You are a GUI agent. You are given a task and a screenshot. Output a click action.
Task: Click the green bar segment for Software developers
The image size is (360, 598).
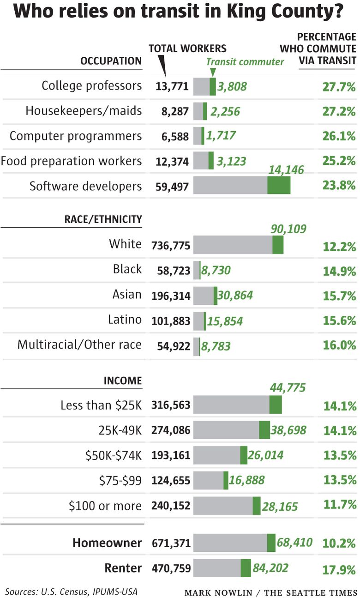pos(279,185)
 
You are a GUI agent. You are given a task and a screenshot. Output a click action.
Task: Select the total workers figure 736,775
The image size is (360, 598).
pos(170,245)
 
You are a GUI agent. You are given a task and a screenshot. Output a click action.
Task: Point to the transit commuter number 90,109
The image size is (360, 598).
pos(288,229)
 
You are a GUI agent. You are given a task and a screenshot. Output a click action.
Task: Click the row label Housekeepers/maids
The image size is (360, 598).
pos(84,111)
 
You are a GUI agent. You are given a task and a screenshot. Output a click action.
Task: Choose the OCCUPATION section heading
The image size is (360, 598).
pos(111,61)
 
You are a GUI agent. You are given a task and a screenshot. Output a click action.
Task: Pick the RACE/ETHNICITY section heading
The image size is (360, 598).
pos(103,219)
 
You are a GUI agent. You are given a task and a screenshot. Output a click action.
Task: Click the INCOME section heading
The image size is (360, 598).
pos(122,381)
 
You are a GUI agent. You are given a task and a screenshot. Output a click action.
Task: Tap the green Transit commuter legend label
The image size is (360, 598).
pos(245,62)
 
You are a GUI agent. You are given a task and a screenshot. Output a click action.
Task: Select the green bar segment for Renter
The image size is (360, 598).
pos(246,568)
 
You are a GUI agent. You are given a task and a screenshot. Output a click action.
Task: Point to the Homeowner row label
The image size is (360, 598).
pos(107,543)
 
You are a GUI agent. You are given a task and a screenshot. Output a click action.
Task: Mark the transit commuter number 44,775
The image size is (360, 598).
pos(288,388)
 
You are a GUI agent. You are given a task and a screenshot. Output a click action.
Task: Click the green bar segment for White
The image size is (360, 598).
pos(278,245)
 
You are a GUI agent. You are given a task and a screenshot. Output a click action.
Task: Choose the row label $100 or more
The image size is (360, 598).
pos(105,506)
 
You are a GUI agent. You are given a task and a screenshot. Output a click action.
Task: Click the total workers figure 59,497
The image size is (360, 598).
pos(170,186)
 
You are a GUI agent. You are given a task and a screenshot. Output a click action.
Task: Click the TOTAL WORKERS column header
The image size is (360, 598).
pos(187,48)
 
